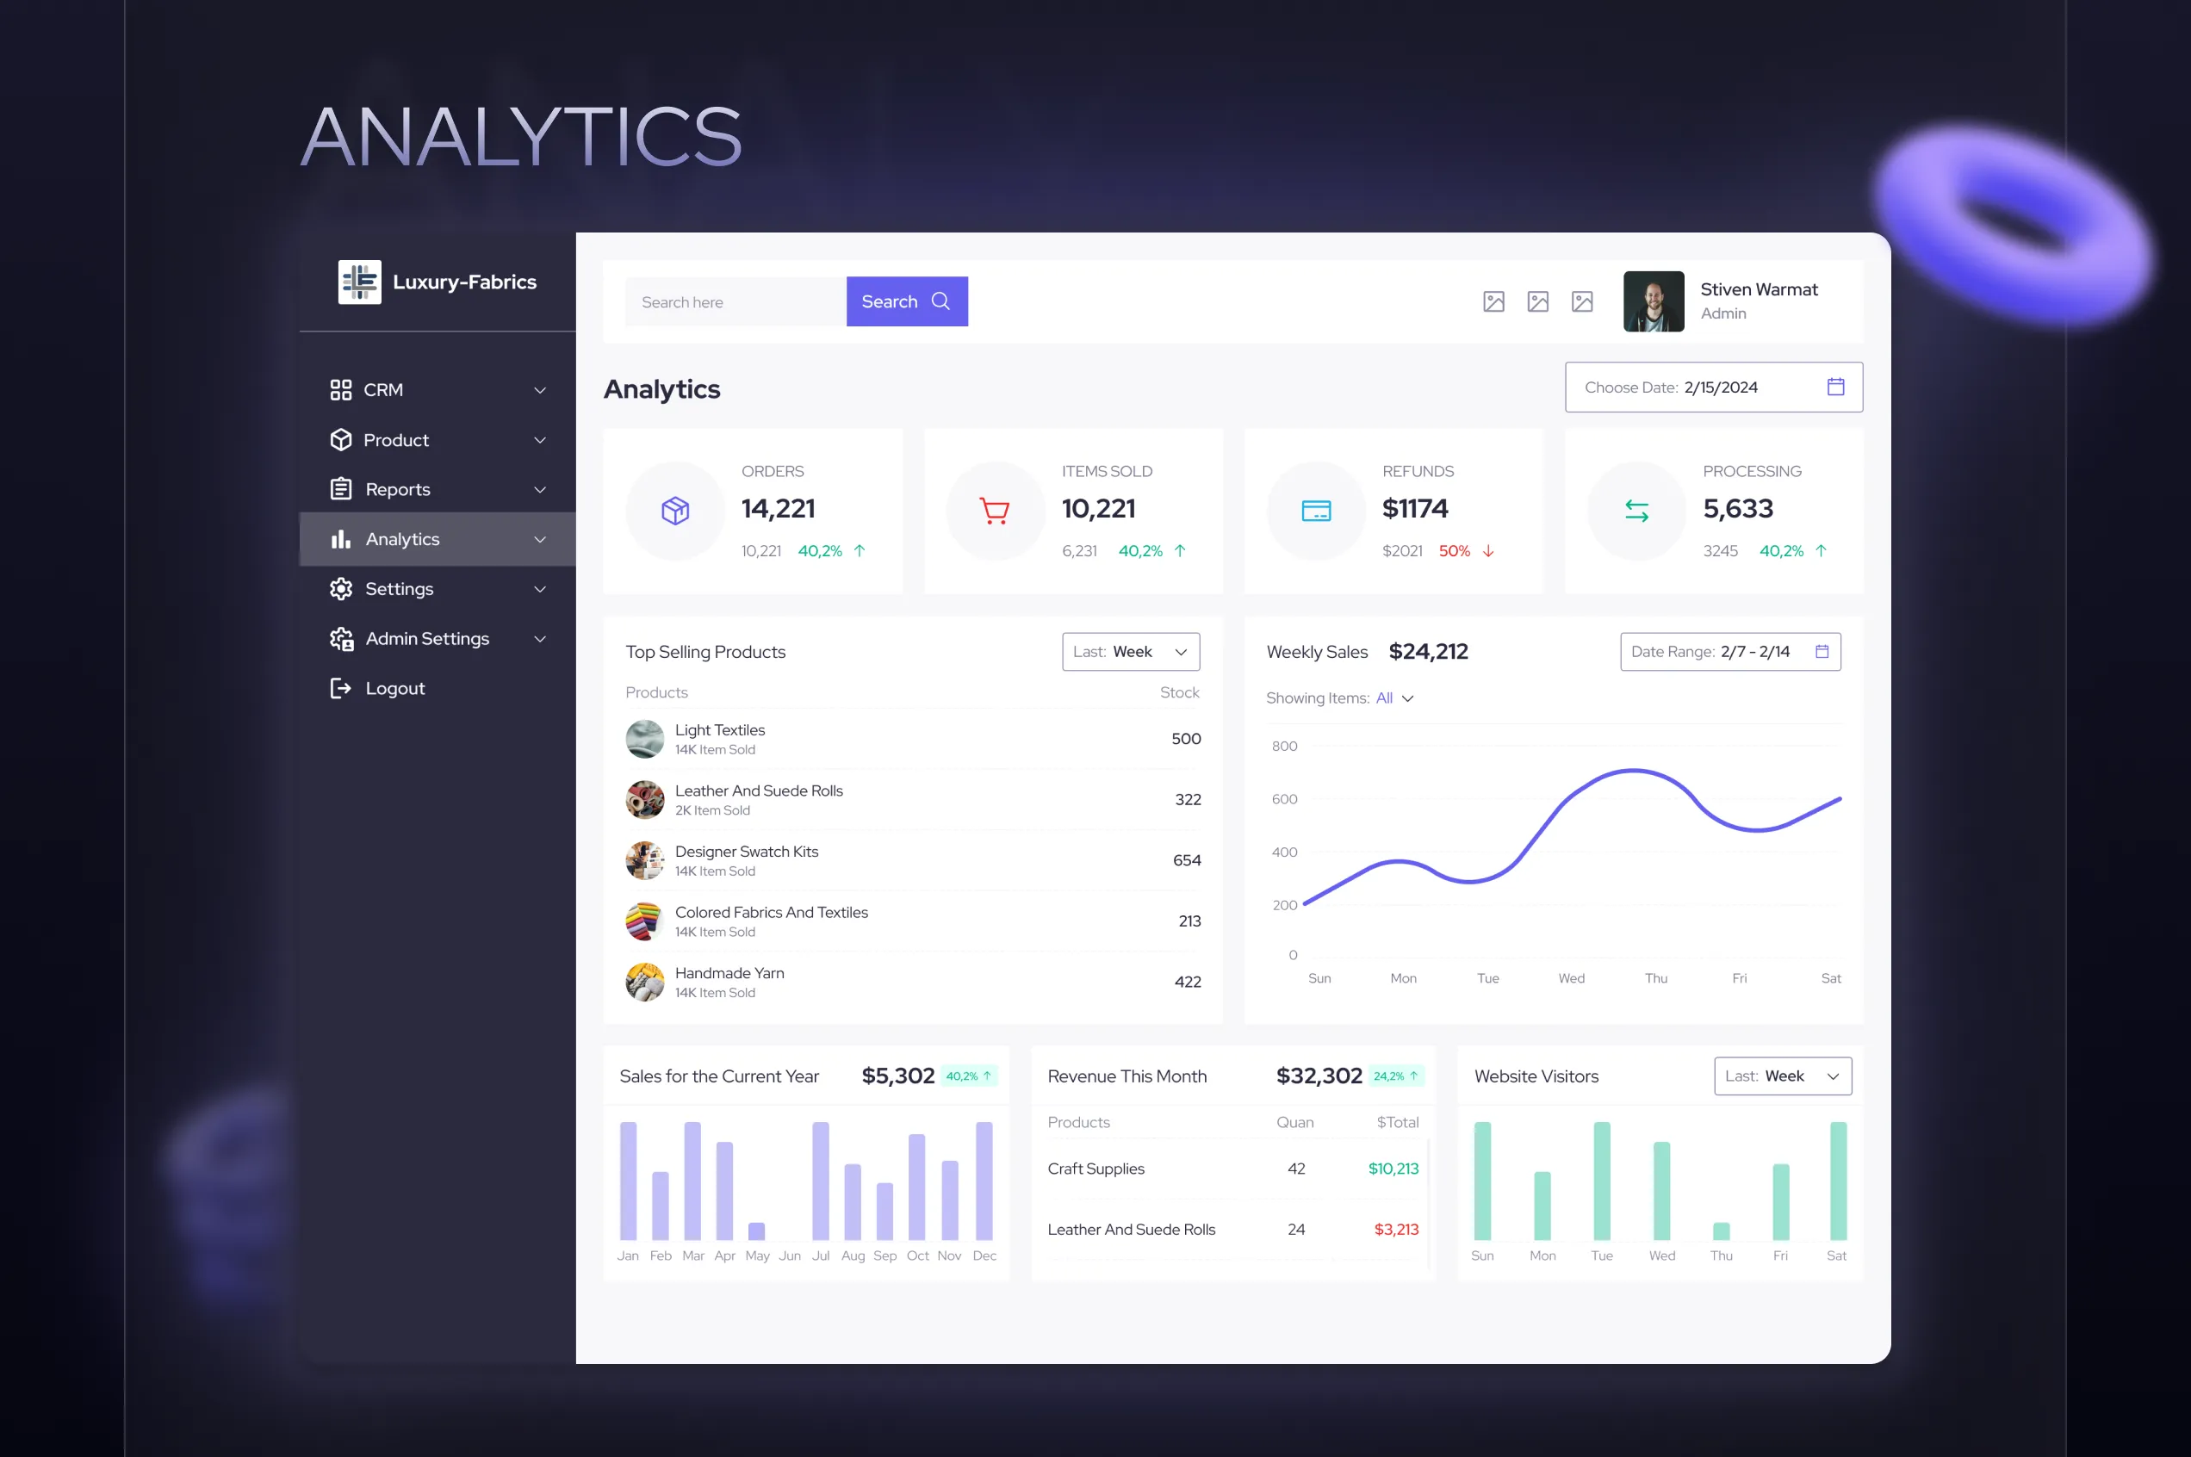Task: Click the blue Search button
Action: (x=906, y=301)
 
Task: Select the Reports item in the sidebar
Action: (x=397, y=490)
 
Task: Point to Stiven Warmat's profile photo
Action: (x=1653, y=301)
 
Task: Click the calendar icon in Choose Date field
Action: (x=1835, y=387)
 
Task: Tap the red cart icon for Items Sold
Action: (x=994, y=511)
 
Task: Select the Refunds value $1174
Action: (x=1414, y=508)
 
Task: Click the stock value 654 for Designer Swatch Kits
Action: (x=1186, y=860)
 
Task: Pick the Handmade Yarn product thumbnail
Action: (x=645, y=983)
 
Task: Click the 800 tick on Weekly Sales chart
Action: (x=1284, y=747)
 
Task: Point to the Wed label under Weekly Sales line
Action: (x=1571, y=978)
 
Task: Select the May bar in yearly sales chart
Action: (x=756, y=1231)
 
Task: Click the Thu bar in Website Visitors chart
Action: (x=1721, y=1231)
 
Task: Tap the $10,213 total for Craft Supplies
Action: (x=1392, y=1169)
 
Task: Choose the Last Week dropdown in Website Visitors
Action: (x=1781, y=1076)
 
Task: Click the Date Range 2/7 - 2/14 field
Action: (x=1729, y=651)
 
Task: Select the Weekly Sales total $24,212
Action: (x=1427, y=651)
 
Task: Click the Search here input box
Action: (x=735, y=302)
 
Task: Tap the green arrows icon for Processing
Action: (x=1636, y=511)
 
